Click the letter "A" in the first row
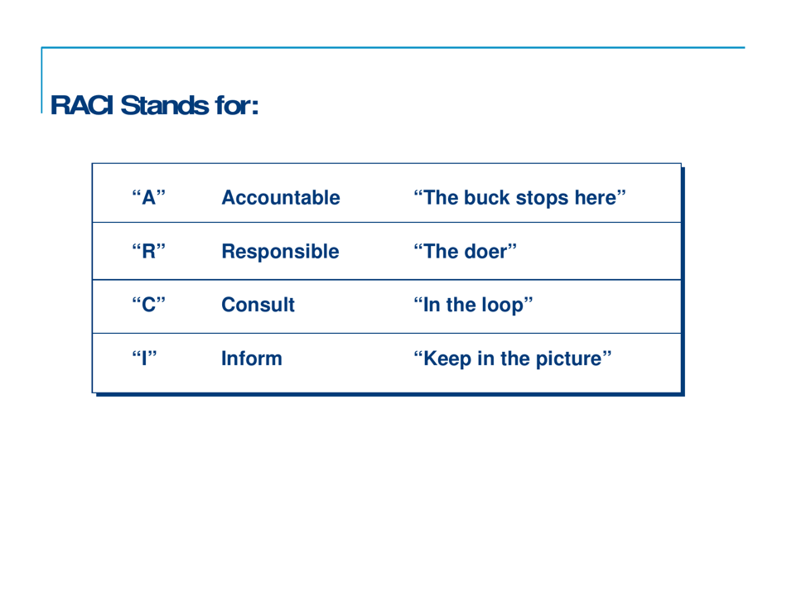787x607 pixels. point(149,200)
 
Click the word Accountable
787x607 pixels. point(281,200)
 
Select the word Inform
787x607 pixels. point(251,360)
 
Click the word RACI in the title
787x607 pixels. point(83,105)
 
